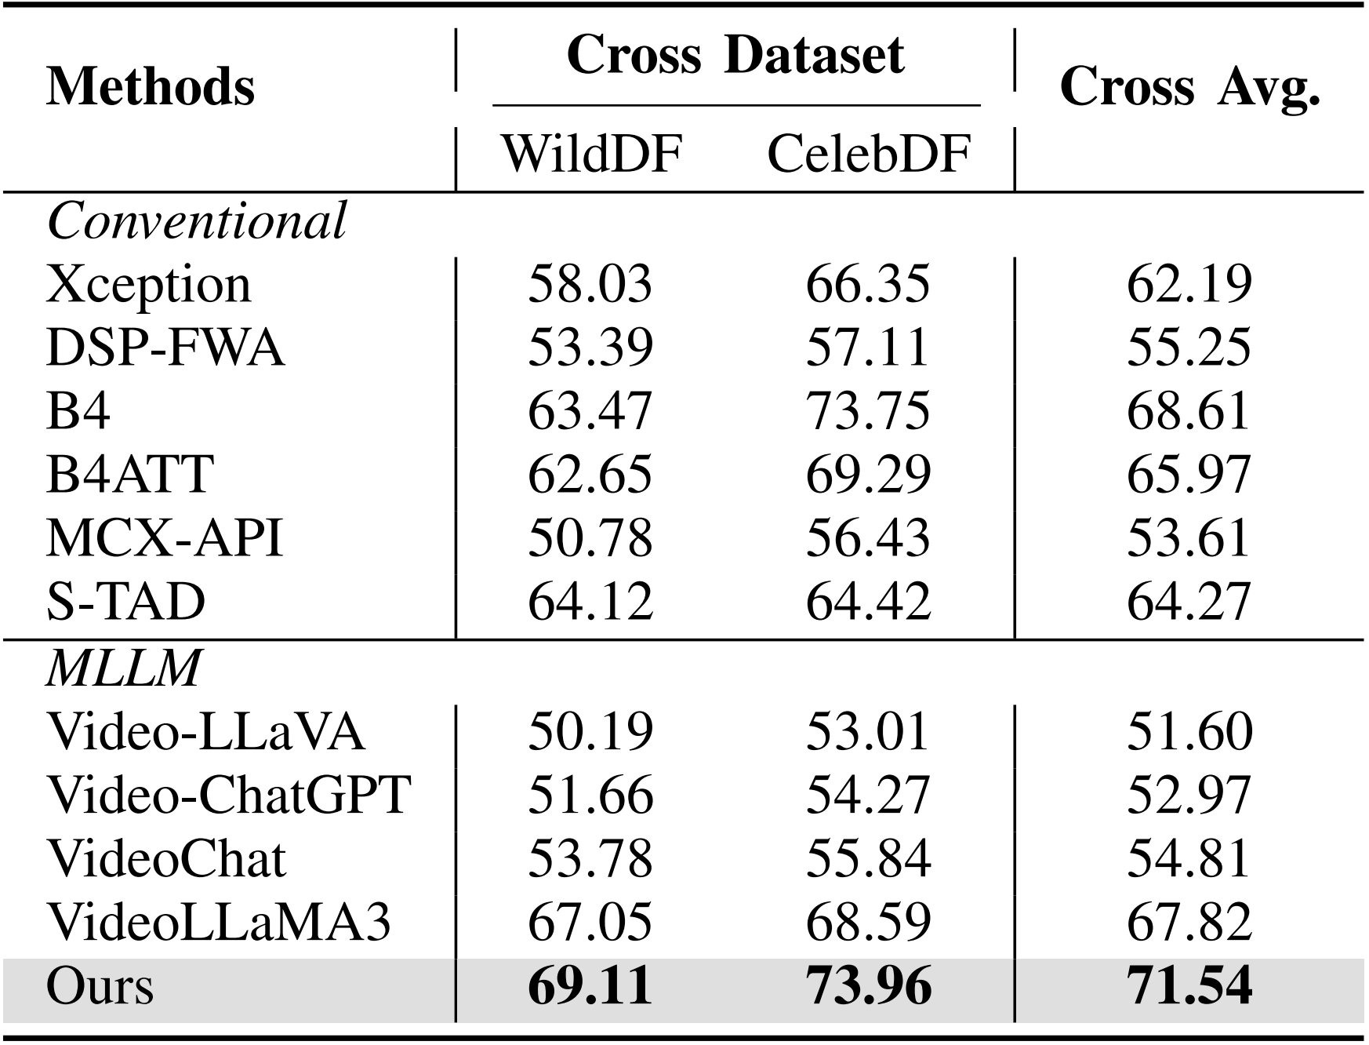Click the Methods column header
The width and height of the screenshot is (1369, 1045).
[150, 86]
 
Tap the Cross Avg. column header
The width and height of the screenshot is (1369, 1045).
[1189, 86]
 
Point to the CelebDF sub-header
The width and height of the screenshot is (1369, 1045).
[868, 153]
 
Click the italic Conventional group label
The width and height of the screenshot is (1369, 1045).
[196, 220]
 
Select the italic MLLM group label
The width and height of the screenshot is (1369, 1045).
[123, 668]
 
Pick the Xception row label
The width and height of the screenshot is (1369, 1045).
[148, 285]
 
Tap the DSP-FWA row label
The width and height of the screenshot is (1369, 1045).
[165, 348]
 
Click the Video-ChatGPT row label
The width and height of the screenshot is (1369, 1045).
[228, 795]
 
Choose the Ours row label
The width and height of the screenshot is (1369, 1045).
[100, 985]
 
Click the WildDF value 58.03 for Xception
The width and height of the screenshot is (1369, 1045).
[590, 284]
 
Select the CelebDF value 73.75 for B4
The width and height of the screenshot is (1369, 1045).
[868, 411]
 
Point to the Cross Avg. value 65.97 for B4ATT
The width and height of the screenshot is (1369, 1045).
[1189, 475]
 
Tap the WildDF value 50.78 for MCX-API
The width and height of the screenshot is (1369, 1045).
[590, 538]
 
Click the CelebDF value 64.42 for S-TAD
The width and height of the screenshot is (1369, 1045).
[868, 602]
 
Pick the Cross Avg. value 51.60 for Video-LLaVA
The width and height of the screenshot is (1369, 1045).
[1189, 731]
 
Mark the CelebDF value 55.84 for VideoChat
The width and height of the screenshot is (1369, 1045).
[868, 858]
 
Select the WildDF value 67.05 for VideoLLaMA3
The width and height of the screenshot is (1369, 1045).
[590, 922]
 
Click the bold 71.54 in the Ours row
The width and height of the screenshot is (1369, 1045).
[1189, 985]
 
